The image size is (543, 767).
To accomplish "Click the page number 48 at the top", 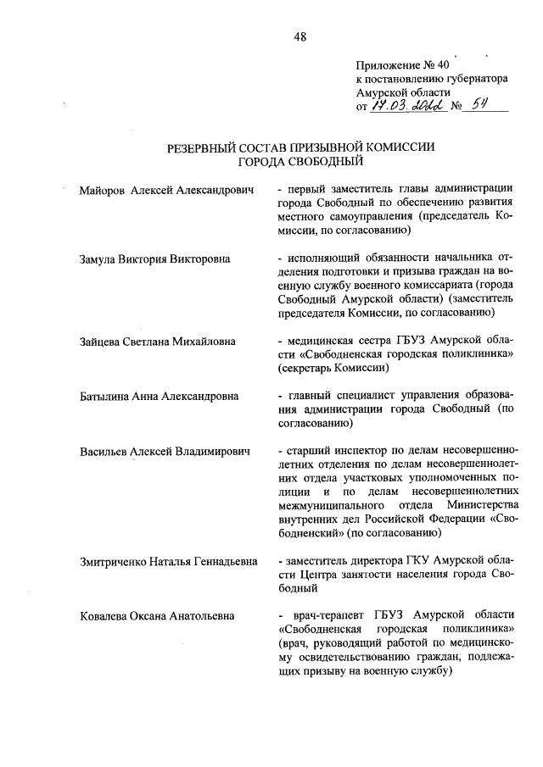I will point(299,35).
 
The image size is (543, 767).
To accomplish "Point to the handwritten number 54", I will point(485,106).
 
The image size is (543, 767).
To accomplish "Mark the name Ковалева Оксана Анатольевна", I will point(155,616).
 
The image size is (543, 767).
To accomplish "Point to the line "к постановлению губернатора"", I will point(432,78).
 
